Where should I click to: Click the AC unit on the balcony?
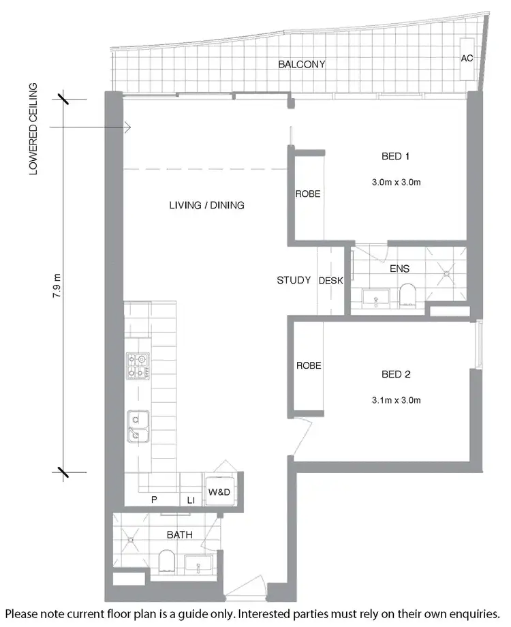467,59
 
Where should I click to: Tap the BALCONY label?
301,65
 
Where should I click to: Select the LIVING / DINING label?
206,205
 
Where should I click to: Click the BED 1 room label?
395,157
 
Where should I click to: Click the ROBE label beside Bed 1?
307,194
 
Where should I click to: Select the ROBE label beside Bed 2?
309,366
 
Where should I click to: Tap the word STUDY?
294,280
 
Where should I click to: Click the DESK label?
331,280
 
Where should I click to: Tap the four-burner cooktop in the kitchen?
138,365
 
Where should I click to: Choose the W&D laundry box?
219,489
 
